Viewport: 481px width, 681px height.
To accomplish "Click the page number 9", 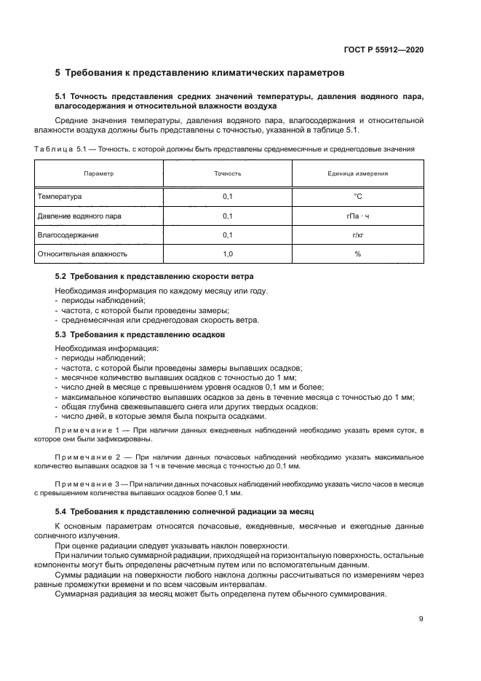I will click(x=421, y=619).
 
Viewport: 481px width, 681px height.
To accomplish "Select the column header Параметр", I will click(x=99, y=174).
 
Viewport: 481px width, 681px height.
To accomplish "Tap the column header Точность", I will click(x=227, y=174).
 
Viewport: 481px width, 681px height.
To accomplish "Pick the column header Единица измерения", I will click(x=357, y=174).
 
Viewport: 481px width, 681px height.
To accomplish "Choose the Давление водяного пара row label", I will click(x=79, y=216).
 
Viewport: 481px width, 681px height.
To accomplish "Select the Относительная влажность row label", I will click(x=82, y=254).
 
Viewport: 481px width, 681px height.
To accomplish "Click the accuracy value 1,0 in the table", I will click(x=227, y=254).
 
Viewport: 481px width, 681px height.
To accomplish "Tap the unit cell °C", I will click(x=357, y=197).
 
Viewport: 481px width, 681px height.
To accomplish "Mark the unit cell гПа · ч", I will click(x=357, y=216).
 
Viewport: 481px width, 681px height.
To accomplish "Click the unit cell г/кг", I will click(x=357, y=235).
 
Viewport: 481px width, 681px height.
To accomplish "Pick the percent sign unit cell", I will click(x=357, y=254).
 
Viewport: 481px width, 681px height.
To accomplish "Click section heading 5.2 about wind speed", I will click(x=154, y=277).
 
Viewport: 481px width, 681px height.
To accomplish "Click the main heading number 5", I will click(x=58, y=73).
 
